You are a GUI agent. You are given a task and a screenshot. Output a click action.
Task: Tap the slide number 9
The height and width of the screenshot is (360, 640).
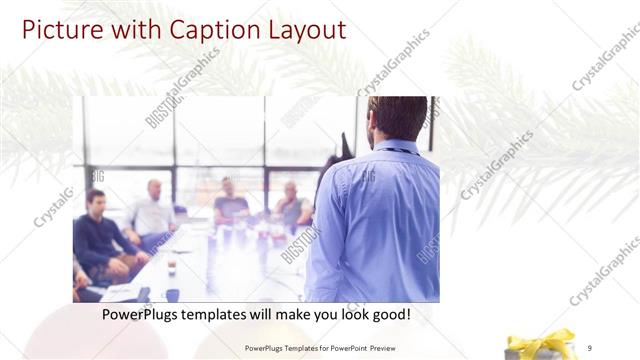point(590,348)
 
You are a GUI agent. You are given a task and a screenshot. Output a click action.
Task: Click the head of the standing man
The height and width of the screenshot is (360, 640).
point(397,118)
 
